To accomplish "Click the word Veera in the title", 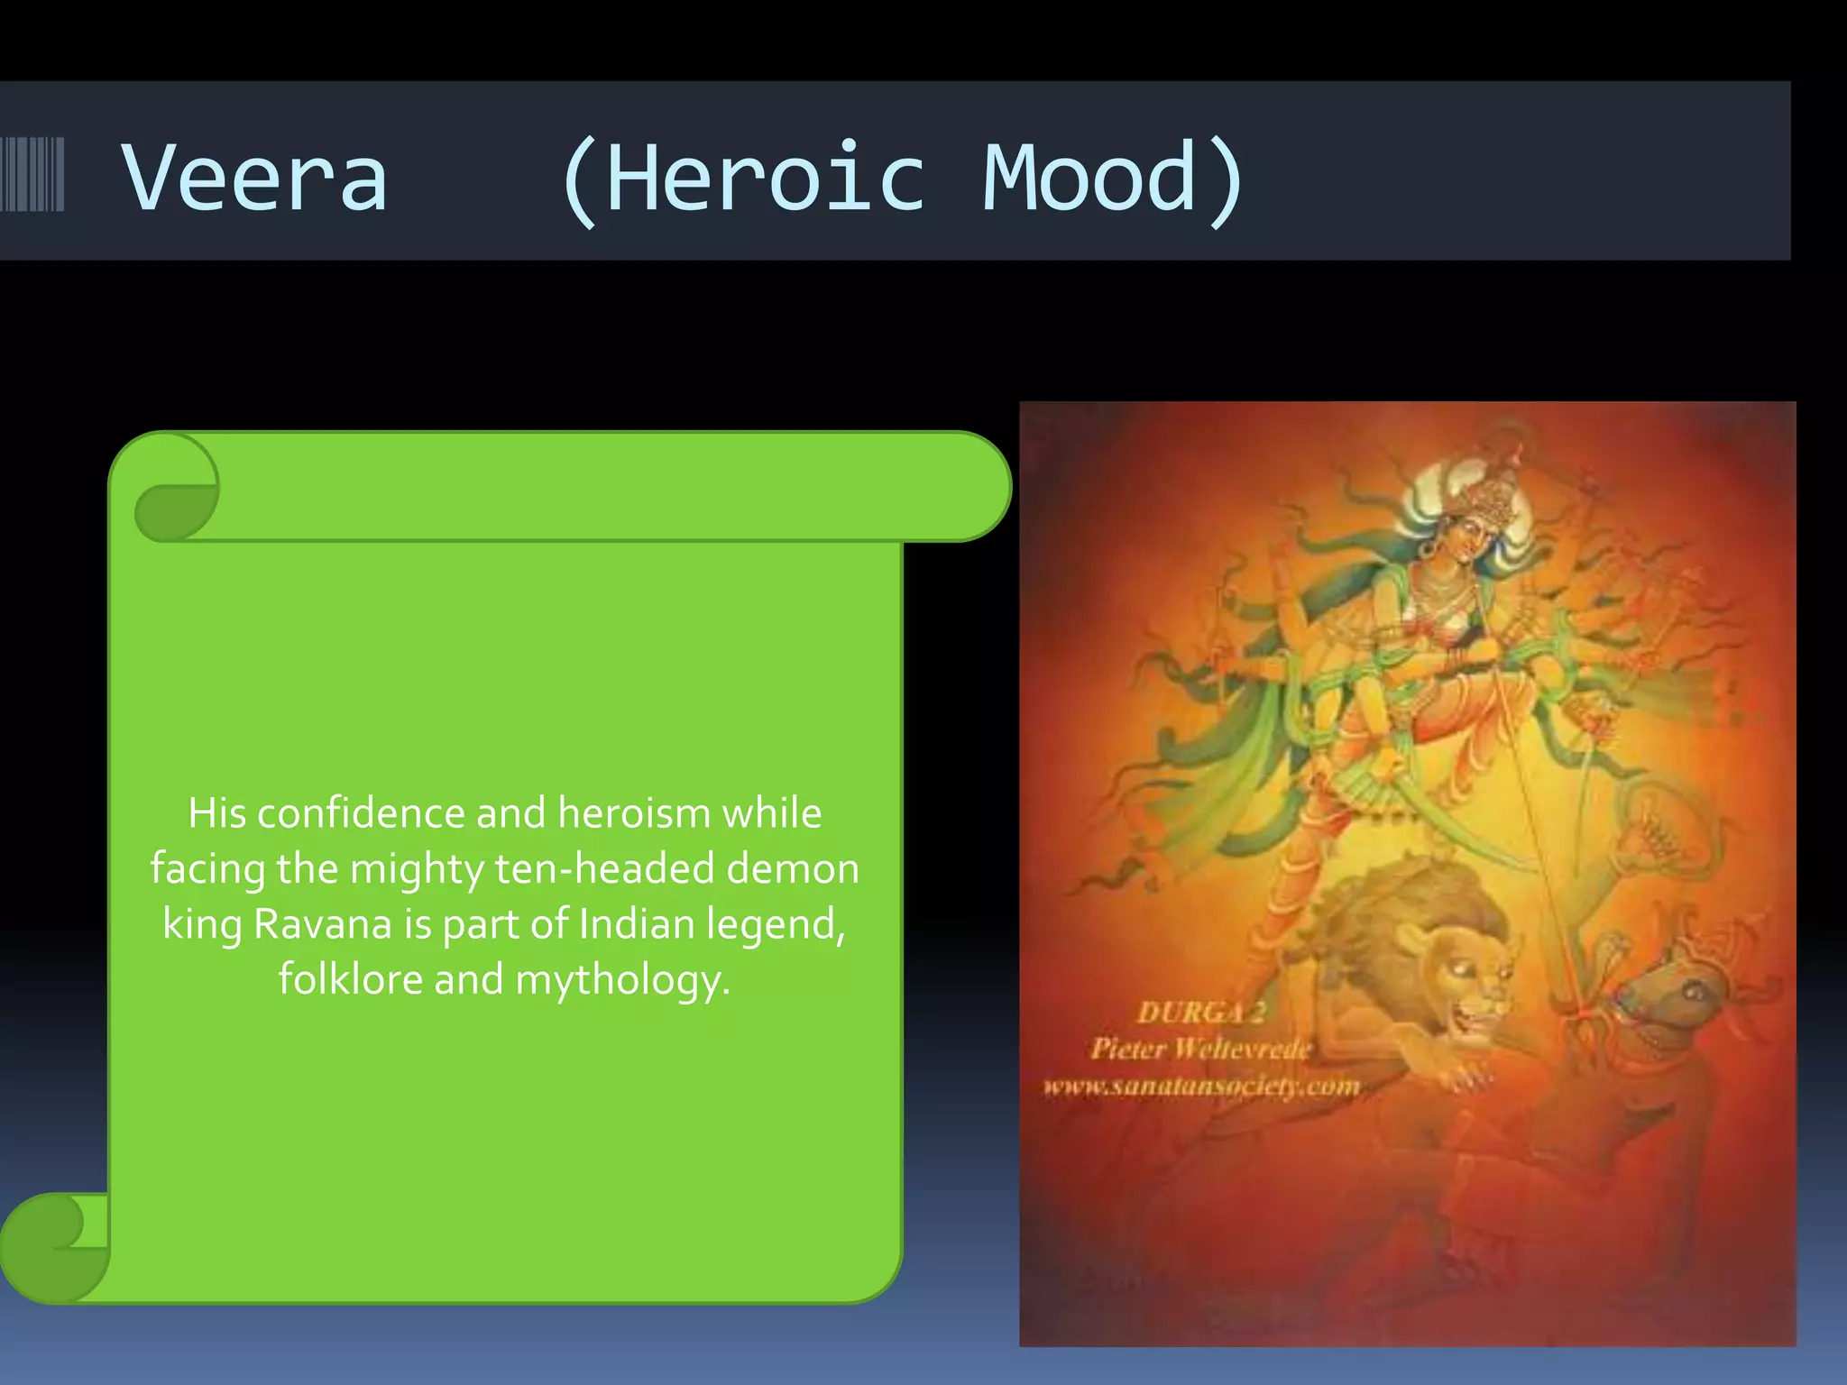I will pyautogui.click(x=255, y=179).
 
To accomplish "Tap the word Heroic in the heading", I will pyautogui.click(x=765, y=179).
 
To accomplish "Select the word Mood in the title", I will pyautogui.click(x=1089, y=179).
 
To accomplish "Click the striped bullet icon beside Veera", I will pyautogui.click(x=32, y=174).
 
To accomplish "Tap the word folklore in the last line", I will pyautogui.click(x=350, y=980).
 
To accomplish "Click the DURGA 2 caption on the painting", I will pyautogui.click(x=1201, y=1013).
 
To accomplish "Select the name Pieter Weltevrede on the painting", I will pyautogui.click(x=1199, y=1049).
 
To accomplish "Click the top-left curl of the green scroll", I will pyautogui.click(x=176, y=491).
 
